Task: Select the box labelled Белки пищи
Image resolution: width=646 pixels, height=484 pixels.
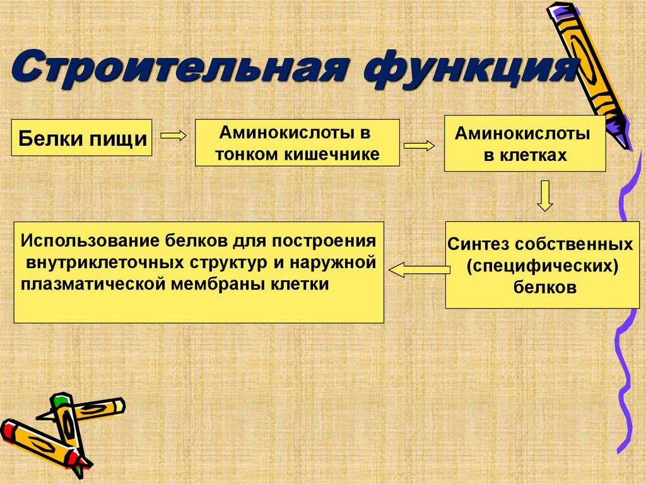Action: [x=83, y=137]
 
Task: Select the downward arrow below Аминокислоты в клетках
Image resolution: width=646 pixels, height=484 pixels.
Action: [x=544, y=196]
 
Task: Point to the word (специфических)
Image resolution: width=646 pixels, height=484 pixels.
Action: [x=542, y=266]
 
